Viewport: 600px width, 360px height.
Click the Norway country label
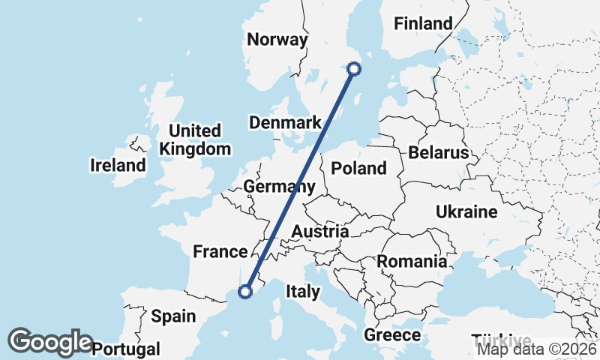(x=277, y=40)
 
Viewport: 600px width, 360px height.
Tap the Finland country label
(x=424, y=23)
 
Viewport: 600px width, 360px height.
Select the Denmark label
(x=286, y=122)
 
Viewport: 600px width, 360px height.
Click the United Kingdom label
(x=195, y=139)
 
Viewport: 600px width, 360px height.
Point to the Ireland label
(x=118, y=165)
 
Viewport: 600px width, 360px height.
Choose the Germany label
(x=279, y=187)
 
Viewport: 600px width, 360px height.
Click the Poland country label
(x=358, y=168)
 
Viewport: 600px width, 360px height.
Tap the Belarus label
(x=439, y=153)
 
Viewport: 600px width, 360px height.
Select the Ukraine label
(x=466, y=212)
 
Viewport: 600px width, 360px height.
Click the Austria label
(x=320, y=232)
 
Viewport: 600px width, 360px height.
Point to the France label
(x=220, y=251)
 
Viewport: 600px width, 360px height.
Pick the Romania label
(x=412, y=262)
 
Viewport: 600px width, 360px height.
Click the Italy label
(x=302, y=290)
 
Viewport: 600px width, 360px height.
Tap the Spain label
(x=173, y=316)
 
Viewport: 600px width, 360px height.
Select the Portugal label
(x=127, y=349)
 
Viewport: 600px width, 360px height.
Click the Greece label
(x=391, y=334)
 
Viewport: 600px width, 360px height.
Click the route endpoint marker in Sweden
(x=354, y=69)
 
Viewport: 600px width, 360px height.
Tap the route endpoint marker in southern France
(x=244, y=292)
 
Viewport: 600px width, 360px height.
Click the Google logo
(x=50, y=341)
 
